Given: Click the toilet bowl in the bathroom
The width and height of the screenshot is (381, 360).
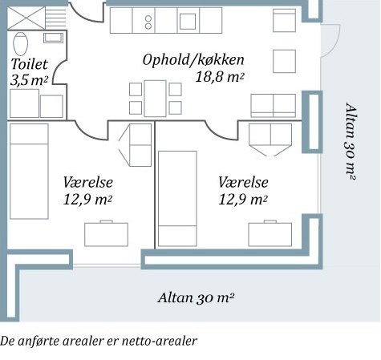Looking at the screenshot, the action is (x=20, y=43).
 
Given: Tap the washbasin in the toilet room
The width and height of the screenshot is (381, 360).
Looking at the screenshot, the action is (x=54, y=38).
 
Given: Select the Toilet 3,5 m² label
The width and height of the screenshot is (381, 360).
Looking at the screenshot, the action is (x=30, y=72).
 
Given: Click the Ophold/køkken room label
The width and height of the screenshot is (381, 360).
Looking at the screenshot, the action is (x=193, y=60).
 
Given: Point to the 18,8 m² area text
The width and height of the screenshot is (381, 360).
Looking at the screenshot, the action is (x=220, y=77).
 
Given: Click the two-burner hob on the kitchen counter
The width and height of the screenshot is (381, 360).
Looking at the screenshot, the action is (x=148, y=22).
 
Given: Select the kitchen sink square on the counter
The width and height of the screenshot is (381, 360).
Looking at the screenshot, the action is (x=188, y=21).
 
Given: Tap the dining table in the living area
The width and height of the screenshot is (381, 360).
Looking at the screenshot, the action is (x=155, y=99).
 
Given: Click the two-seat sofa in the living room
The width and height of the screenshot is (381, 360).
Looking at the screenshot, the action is (x=273, y=106).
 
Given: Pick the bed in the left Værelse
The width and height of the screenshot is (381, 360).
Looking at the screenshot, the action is (x=29, y=171).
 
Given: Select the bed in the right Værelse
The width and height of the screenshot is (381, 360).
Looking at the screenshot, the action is (x=177, y=199).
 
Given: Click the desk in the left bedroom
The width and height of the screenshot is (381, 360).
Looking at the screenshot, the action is (x=106, y=233).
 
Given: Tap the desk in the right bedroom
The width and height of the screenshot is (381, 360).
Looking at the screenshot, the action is (x=270, y=233).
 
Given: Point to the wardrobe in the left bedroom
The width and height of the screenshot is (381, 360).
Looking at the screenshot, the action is (x=140, y=145).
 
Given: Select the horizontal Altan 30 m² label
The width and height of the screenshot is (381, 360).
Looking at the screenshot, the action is (x=196, y=297).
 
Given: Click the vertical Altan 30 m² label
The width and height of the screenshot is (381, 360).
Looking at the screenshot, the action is (x=351, y=141).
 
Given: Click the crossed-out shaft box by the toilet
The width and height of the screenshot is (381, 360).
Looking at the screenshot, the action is (x=26, y=18).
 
